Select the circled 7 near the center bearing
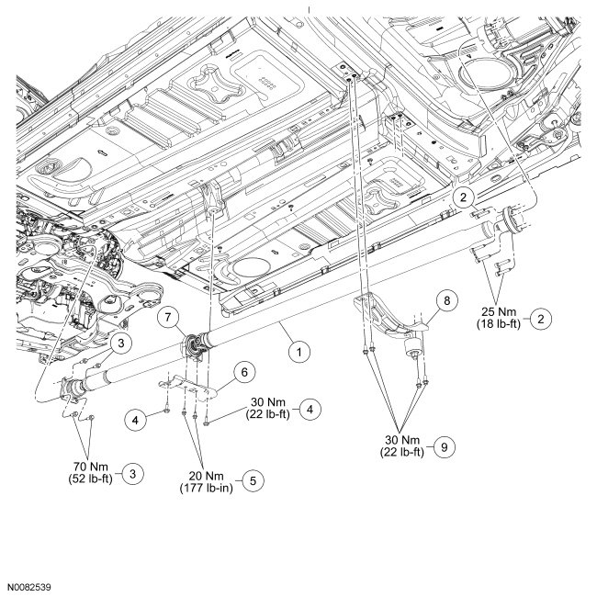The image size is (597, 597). pos(167,318)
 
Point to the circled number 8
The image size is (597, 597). pos(447,300)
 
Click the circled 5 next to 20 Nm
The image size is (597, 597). pos(244,479)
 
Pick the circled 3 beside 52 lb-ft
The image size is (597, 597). pos(134,473)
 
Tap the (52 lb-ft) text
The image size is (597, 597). pos(89,478)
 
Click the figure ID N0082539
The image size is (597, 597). pos(30,585)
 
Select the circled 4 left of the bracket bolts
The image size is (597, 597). pos(136,419)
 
